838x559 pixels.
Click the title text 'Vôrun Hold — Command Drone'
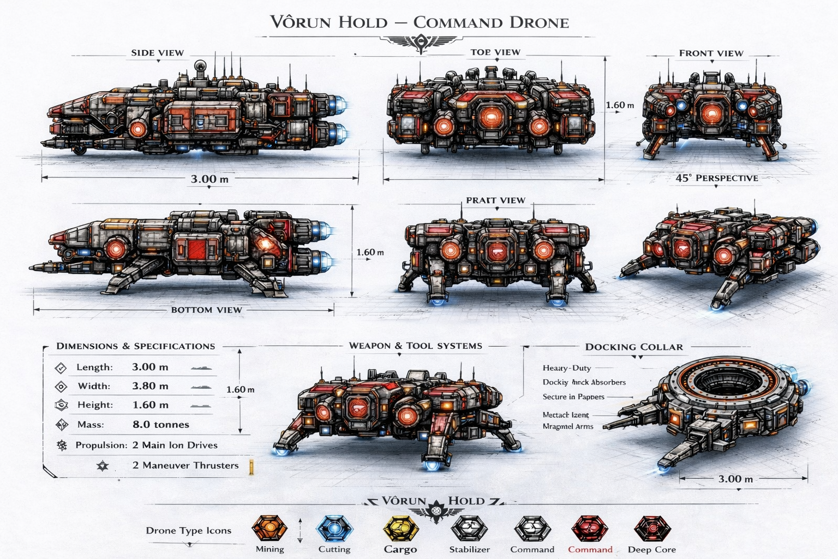[x=419, y=22]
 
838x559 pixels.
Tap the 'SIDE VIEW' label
[x=157, y=53]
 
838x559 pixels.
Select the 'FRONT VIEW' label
[x=711, y=53]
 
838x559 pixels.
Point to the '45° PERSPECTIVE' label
[x=716, y=178]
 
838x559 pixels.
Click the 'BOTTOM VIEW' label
[x=206, y=310]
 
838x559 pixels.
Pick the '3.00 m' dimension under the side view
[x=209, y=179]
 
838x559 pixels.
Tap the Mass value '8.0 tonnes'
[x=160, y=424]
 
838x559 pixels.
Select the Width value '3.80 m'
[x=150, y=386]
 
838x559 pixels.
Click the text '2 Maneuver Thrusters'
[x=185, y=465]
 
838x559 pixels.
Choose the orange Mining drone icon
[x=270, y=528]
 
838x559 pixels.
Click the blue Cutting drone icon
[x=334, y=528]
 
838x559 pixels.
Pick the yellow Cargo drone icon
[x=400, y=528]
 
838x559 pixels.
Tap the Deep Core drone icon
[x=651, y=528]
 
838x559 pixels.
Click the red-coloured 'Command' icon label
[x=590, y=549]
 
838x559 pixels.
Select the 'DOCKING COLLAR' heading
[x=633, y=347]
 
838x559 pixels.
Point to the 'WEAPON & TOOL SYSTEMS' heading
[x=415, y=346]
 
